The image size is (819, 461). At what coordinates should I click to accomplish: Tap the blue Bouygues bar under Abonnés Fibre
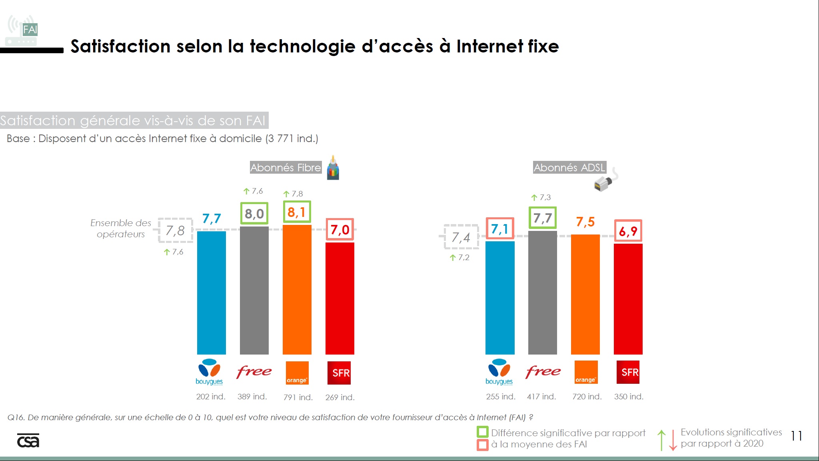pyautogui.click(x=211, y=293)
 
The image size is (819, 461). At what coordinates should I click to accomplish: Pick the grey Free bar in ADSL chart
pyautogui.click(x=542, y=293)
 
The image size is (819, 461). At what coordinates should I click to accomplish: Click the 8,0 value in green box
pyautogui.click(x=254, y=214)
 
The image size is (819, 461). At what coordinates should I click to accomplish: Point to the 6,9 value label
pyautogui.click(x=628, y=231)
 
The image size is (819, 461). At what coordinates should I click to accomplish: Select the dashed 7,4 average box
pyautogui.click(x=461, y=237)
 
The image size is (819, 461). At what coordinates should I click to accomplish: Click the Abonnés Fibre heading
pyautogui.click(x=286, y=167)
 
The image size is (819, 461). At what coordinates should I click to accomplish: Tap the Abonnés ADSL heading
pyautogui.click(x=569, y=167)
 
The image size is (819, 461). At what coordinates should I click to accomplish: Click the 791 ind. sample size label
pyautogui.click(x=298, y=397)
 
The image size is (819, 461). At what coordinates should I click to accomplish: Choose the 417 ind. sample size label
pyautogui.click(x=541, y=397)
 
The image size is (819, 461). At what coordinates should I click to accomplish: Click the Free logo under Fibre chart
pyautogui.click(x=254, y=372)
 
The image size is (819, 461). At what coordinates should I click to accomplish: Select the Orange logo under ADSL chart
pyautogui.click(x=586, y=372)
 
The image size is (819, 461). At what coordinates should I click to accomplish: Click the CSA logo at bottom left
pyautogui.click(x=28, y=441)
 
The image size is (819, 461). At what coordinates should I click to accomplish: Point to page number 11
pyautogui.click(x=796, y=436)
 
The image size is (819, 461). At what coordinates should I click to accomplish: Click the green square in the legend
pyautogui.click(x=482, y=432)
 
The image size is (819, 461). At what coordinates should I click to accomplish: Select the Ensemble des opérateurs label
pyautogui.click(x=120, y=228)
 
